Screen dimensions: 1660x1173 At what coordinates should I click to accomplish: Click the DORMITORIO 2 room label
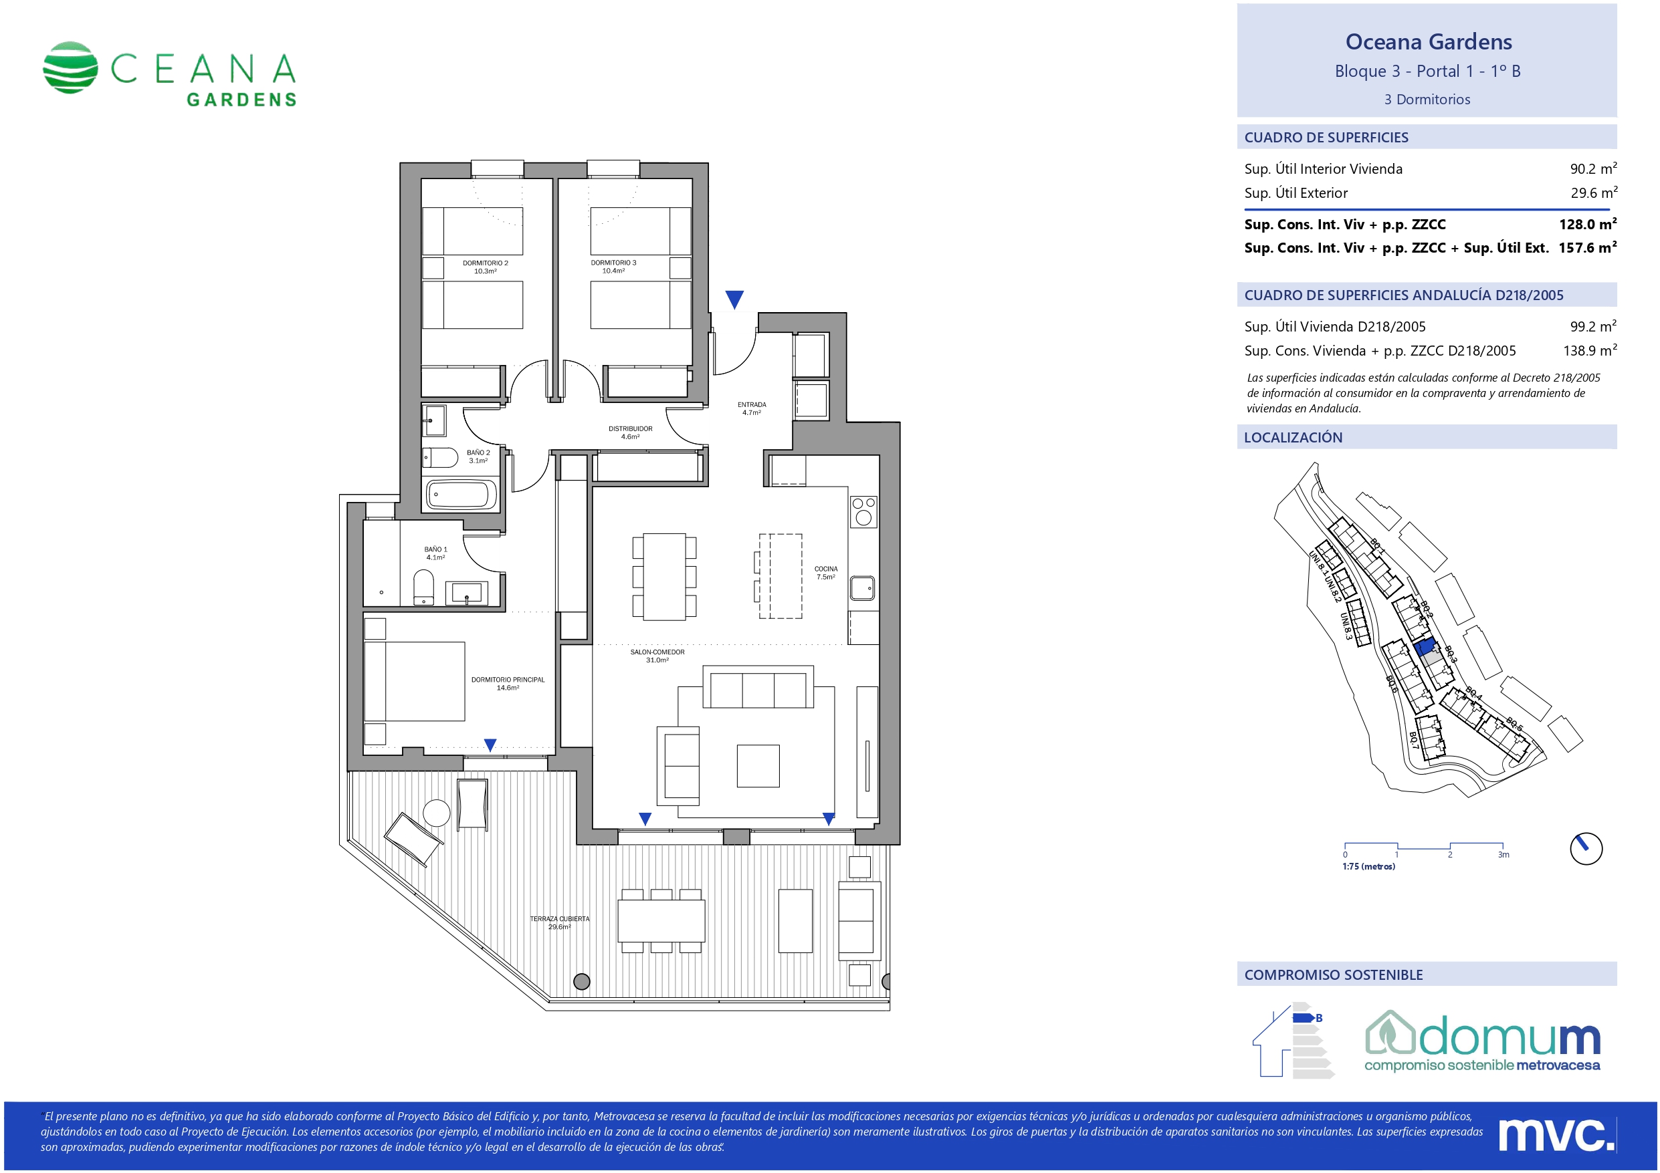(x=485, y=267)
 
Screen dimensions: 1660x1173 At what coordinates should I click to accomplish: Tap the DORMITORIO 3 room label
(x=613, y=267)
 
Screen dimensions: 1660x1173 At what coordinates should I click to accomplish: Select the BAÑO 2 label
(x=478, y=457)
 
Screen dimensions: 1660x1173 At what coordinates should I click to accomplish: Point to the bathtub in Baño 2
(x=462, y=495)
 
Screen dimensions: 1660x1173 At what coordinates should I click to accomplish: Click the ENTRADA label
(x=751, y=408)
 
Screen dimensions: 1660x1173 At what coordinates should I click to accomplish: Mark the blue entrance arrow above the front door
(x=734, y=299)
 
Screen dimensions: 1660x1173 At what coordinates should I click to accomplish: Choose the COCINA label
(x=826, y=572)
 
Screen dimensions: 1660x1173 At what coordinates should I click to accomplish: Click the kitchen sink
(x=862, y=588)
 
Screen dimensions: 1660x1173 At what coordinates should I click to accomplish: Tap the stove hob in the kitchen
(x=863, y=511)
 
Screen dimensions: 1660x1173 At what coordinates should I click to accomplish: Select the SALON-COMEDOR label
(x=657, y=656)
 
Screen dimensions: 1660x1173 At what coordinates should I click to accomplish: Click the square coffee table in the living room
(x=758, y=765)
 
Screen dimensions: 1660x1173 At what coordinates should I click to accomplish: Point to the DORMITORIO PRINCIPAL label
(x=508, y=683)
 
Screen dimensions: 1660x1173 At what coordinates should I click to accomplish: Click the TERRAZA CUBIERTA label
(x=560, y=922)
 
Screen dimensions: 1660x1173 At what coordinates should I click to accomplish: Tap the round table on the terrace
(x=437, y=813)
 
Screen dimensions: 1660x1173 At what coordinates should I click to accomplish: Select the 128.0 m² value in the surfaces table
(x=1588, y=224)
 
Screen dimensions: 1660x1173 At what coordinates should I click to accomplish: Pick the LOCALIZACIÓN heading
(x=1293, y=437)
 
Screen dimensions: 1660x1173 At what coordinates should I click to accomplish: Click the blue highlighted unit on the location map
(x=1425, y=646)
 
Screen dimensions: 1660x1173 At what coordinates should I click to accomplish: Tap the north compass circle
(x=1586, y=848)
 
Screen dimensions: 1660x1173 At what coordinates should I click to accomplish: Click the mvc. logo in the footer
(x=1555, y=1136)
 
